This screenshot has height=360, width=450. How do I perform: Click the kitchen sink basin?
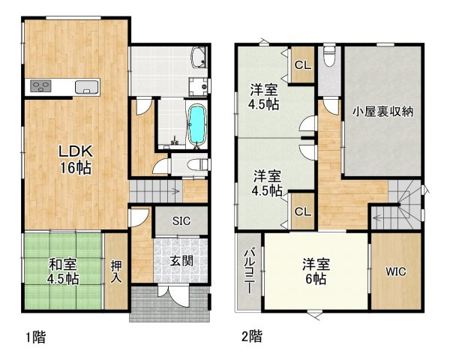click(x=88, y=86)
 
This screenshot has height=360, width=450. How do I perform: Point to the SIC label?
click(x=181, y=221)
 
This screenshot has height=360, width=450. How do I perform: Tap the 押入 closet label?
click(x=116, y=271)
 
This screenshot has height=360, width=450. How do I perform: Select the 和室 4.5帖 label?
click(x=64, y=271)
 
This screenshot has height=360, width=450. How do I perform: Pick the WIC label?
click(x=396, y=271)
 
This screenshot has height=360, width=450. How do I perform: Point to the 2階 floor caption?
click(x=251, y=337)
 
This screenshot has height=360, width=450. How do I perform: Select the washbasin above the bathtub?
click(x=198, y=85)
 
